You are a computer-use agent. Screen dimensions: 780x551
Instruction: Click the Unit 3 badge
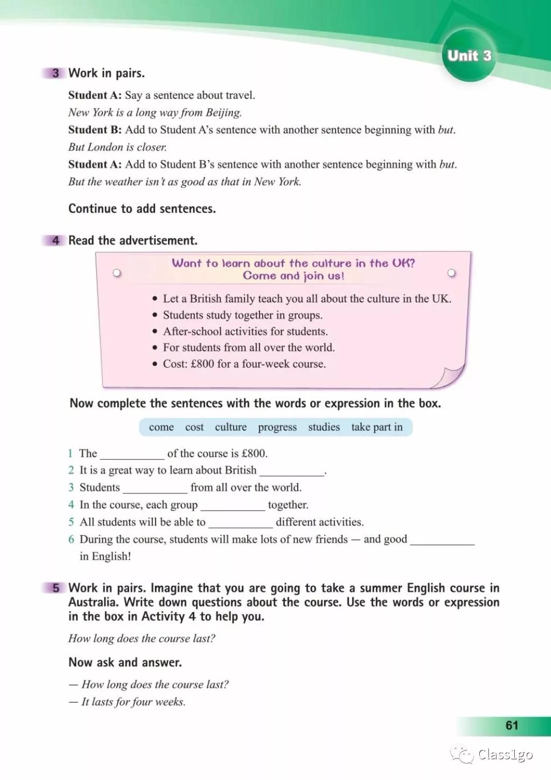(469, 56)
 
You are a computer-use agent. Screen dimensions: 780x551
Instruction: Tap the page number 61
(512, 725)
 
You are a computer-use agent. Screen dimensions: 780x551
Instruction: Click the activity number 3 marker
(55, 73)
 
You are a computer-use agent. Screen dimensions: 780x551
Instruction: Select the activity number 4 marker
(55, 240)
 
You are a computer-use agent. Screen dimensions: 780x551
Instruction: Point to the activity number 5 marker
(55, 588)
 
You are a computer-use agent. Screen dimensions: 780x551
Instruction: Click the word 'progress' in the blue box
(277, 427)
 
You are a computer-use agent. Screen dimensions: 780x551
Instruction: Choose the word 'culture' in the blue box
(231, 427)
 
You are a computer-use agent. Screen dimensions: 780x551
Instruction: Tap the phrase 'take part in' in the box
(377, 427)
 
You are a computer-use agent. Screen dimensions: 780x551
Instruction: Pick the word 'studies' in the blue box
(324, 427)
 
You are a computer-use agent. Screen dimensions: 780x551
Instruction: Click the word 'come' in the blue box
(161, 427)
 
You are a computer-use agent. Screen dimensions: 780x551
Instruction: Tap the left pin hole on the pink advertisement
(117, 273)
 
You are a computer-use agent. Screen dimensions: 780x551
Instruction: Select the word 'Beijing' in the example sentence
(223, 113)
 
